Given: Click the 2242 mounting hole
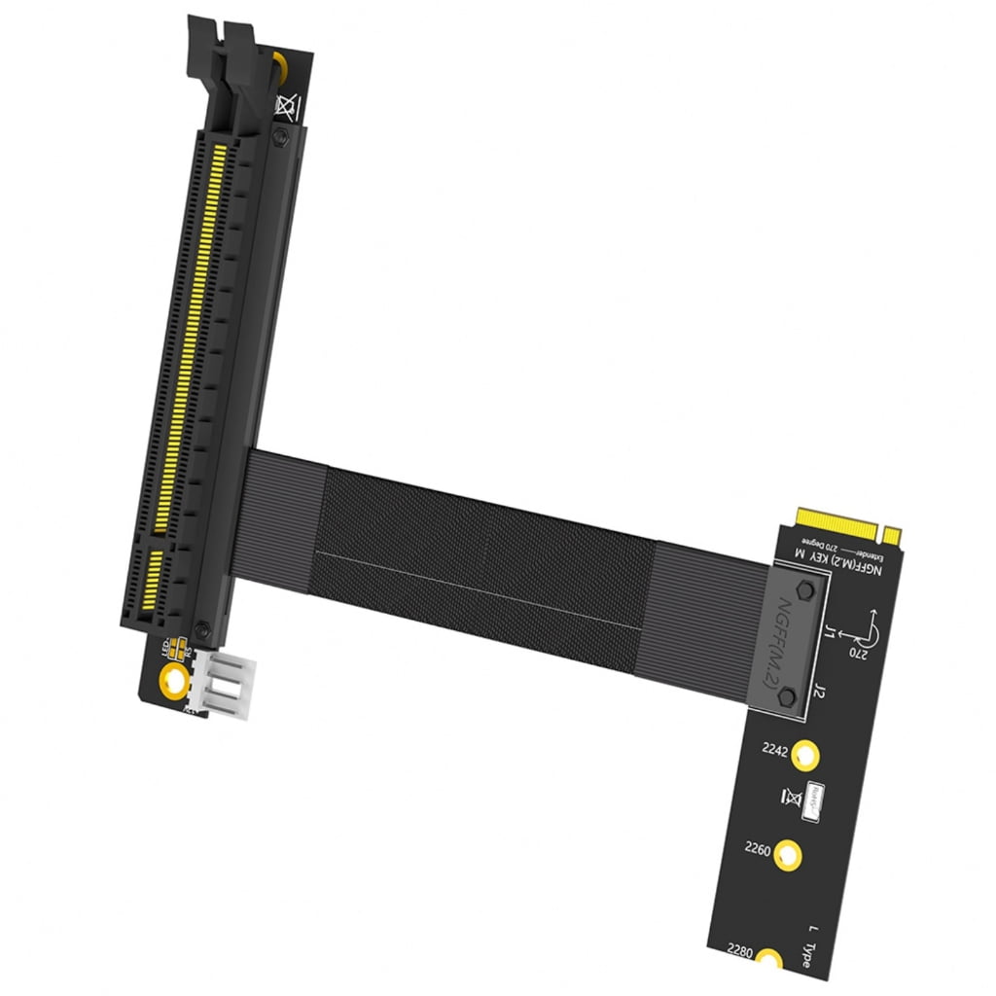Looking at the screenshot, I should (804, 754).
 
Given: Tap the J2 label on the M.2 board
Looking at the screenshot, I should (820, 694).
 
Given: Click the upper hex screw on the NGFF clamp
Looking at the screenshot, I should (803, 591).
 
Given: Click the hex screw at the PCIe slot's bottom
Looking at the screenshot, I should (201, 630).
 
